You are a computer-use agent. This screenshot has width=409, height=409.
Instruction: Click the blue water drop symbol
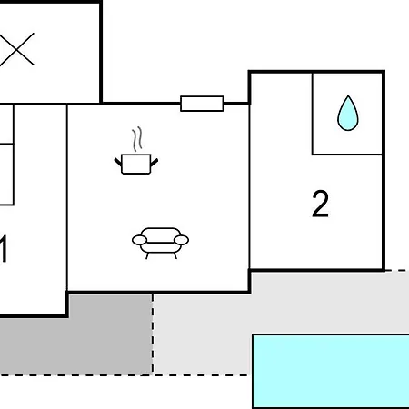pyautogui.click(x=348, y=114)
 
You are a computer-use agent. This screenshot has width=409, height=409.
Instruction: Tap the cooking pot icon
pyautogui.click(x=136, y=151)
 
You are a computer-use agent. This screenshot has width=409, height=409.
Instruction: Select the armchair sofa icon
pyautogui.click(x=160, y=243)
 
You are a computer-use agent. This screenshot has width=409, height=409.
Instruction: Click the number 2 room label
pyautogui.click(x=320, y=204)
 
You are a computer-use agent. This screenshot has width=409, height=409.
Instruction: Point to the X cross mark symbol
pyautogui.click(x=16, y=49)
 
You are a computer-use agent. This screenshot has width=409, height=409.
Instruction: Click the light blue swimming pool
pyautogui.click(x=331, y=372)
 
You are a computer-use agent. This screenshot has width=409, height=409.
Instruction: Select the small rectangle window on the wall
pyautogui.click(x=202, y=104)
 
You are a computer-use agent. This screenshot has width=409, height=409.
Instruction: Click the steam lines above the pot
pyautogui.click(x=137, y=139)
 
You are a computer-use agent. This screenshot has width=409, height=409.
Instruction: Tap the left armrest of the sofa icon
pyautogui.click(x=139, y=240)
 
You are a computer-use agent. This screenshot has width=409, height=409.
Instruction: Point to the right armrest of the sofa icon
pyautogui.click(x=181, y=240)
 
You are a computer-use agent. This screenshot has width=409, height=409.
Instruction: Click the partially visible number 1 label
pyautogui.click(x=3, y=249)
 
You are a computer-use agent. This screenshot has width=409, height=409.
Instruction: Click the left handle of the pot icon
pyautogui.click(x=118, y=162)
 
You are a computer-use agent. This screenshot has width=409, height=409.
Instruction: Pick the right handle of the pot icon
pyautogui.click(x=155, y=162)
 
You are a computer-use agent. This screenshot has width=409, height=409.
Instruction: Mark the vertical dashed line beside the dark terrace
pyautogui.click(x=153, y=334)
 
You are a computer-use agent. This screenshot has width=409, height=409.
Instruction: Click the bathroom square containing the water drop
pyautogui.click(x=347, y=114)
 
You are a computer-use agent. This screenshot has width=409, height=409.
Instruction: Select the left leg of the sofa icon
pyautogui.click(x=147, y=256)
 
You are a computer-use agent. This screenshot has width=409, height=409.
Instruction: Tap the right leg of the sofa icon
pyautogui.click(x=175, y=256)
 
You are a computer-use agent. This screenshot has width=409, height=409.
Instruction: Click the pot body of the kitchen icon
pyautogui.click(x=136, y=165)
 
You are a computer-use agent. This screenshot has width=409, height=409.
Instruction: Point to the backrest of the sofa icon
pyautogui.click(x=161, y=232)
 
